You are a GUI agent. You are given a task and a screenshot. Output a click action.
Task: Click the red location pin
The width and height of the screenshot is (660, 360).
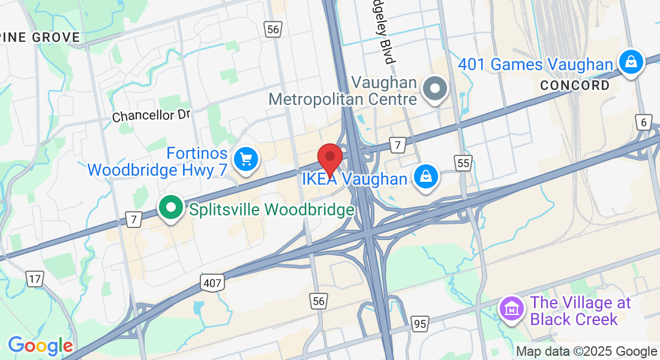point(329,158)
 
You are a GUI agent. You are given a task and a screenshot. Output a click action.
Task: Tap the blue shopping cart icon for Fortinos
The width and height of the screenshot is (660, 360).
point(245,160)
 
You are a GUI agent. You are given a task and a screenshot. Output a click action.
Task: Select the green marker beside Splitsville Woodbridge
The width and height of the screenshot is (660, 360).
point(171,208)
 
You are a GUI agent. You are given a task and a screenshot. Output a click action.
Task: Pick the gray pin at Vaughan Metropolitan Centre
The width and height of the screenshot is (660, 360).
point(435,89)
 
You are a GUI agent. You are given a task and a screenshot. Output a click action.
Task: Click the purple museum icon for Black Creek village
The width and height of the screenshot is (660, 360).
point(511,310)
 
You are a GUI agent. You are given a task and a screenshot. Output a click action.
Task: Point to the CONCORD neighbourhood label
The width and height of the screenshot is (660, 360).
point(575,86)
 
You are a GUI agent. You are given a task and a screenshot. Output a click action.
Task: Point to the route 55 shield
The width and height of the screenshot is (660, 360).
point(463,163)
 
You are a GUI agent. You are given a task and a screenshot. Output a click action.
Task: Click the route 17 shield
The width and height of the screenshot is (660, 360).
point(35,278)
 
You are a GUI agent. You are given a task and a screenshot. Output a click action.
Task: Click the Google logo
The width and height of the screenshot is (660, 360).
point(40,346)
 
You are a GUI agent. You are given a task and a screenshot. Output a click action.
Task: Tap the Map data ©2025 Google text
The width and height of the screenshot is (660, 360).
point(586,352)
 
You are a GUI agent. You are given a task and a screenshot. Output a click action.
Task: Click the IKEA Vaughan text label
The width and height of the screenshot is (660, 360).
point(354,179)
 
